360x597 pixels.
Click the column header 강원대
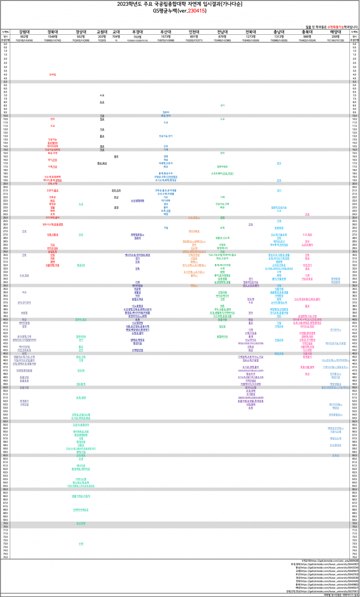click(25, 31)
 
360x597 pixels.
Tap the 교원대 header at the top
click(102, 31)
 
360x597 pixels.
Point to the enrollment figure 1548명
click(53, 36)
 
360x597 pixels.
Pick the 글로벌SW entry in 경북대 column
click(53, 143)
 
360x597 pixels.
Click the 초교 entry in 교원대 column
click(102, 102)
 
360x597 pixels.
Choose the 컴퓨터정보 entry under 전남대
click(222, 167)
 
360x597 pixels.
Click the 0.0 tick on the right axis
click(354, 44)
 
